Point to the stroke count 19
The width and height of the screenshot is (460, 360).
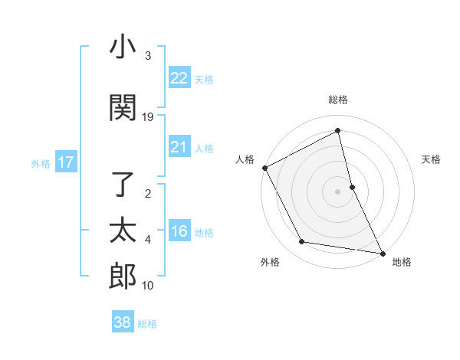[x=148, y=117]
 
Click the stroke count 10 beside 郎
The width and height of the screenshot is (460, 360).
[x=148, y=286]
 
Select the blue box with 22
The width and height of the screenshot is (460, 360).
[x=179, y=77]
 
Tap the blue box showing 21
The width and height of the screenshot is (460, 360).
[x=179, y=146]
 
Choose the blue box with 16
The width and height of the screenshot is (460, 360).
[x=179, y=231]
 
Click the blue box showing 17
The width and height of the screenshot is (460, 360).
[x=65, y=162]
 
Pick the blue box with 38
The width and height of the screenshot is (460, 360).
[x=122, y=322]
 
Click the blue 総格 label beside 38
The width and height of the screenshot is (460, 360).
[x=147, y=324]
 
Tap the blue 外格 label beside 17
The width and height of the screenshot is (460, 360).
[x=41, y=163]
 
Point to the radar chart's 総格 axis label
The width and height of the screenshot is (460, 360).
[x=338, y=100]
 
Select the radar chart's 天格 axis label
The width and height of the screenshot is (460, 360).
[x=432, y=159]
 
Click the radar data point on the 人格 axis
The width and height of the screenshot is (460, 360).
[x=264, y=168]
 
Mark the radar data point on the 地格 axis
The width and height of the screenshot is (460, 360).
[x=382, y=252]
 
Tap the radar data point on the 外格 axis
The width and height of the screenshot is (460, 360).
[x=302, y=242]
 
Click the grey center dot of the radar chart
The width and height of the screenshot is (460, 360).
[x=338, y=191]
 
